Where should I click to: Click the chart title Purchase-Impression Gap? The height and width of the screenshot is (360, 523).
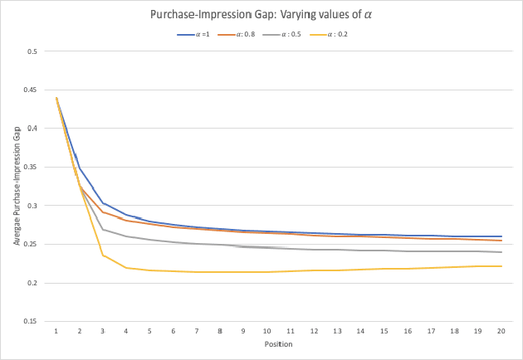coord(261,14)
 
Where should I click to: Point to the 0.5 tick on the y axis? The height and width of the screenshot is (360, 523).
coord(32,51)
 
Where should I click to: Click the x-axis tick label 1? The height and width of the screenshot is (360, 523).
coord(56,330)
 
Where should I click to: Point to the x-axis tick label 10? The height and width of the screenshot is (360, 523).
coord(266,330)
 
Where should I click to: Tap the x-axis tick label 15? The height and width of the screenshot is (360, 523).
coord(383,330)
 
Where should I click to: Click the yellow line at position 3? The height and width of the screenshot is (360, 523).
coord(103,255)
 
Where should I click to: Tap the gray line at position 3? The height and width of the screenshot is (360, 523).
coord(103,230)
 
